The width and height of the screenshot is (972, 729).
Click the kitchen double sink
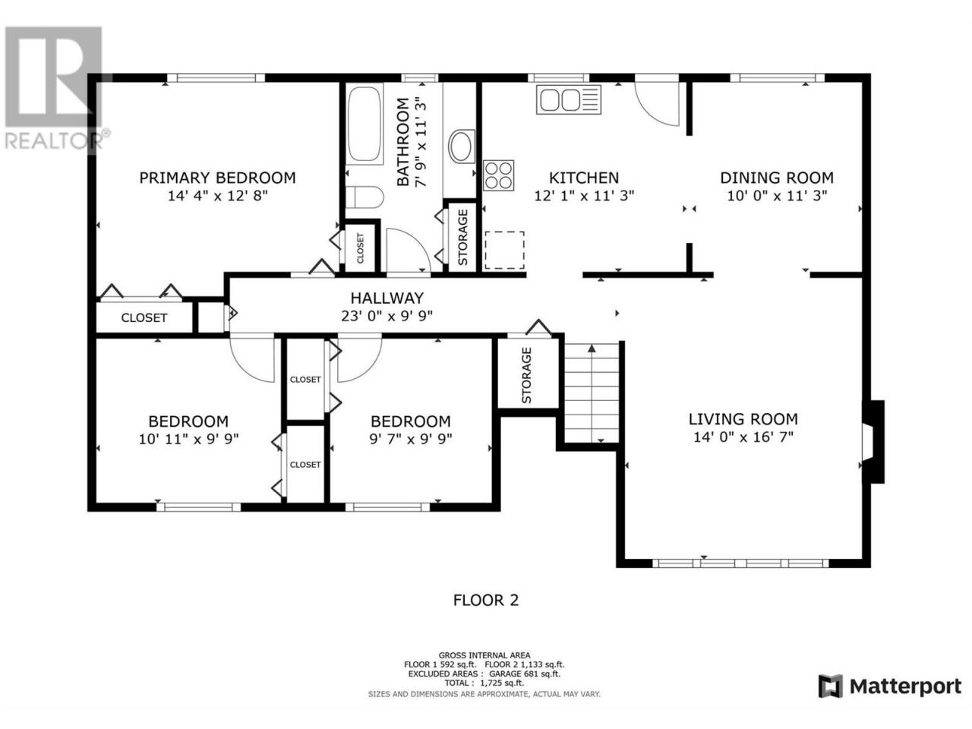click(x=568, y=99)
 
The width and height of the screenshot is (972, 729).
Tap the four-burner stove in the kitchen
click(x=498, y=175)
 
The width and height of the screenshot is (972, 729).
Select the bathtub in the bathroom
click(x=364, y=125)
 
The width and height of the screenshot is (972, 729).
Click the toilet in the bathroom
click(x=364, y=197)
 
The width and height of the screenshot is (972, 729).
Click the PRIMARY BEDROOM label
click(x=217, y=178)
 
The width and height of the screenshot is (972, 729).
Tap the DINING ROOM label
click(x=777, y=178)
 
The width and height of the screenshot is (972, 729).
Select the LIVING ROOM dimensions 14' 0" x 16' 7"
click(x=743, y=437)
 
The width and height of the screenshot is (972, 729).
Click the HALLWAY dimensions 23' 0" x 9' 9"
click(x=387, y=316)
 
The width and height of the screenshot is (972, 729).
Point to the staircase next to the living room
click(x=592, y=393)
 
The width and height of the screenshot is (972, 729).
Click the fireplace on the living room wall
click(x=873, y=441)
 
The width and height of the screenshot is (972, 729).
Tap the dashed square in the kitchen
click(x=504, y=250)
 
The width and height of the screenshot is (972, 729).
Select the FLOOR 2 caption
click(x=486, y=601)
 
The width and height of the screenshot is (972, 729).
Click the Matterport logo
click(x=890, y=687)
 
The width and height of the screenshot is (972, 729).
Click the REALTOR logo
click(x=55, y=89)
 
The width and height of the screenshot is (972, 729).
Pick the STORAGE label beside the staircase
click(x=526, y=375)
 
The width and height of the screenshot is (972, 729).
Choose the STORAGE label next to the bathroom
click(x=462, y=237)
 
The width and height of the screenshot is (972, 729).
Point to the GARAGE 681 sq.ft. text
click(x=525, y=674)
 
